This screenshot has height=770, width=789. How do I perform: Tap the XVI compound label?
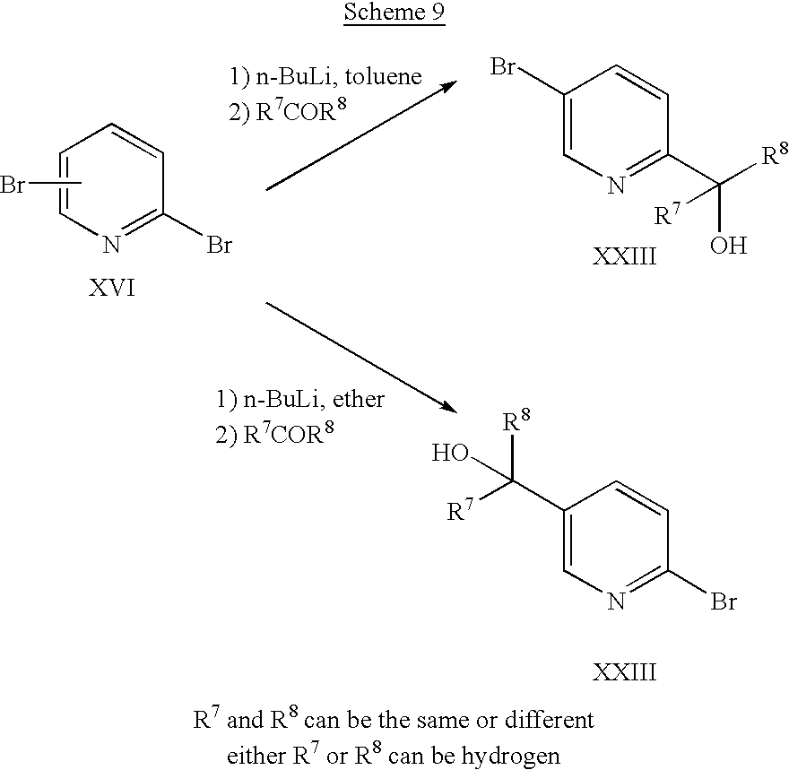pos(114,290)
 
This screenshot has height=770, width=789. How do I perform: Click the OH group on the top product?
pos(727,245)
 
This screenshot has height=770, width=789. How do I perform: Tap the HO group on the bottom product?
pos(449,454)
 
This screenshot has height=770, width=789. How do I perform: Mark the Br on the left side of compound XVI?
pos(15,187)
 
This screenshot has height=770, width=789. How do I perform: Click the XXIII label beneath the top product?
pos(624,259)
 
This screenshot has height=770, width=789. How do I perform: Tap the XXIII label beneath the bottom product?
pos(624,671)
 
